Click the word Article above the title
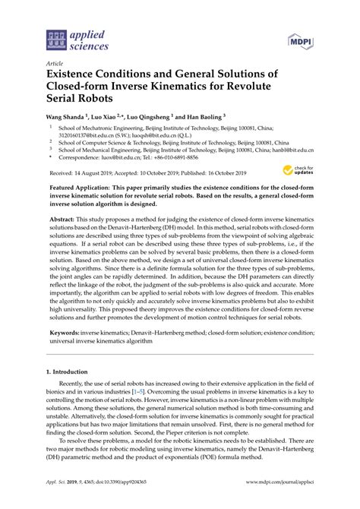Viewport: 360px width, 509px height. pyautogui.click(x=55, y=63)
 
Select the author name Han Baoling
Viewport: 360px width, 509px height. pyautogui.click(x=204, y=117)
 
